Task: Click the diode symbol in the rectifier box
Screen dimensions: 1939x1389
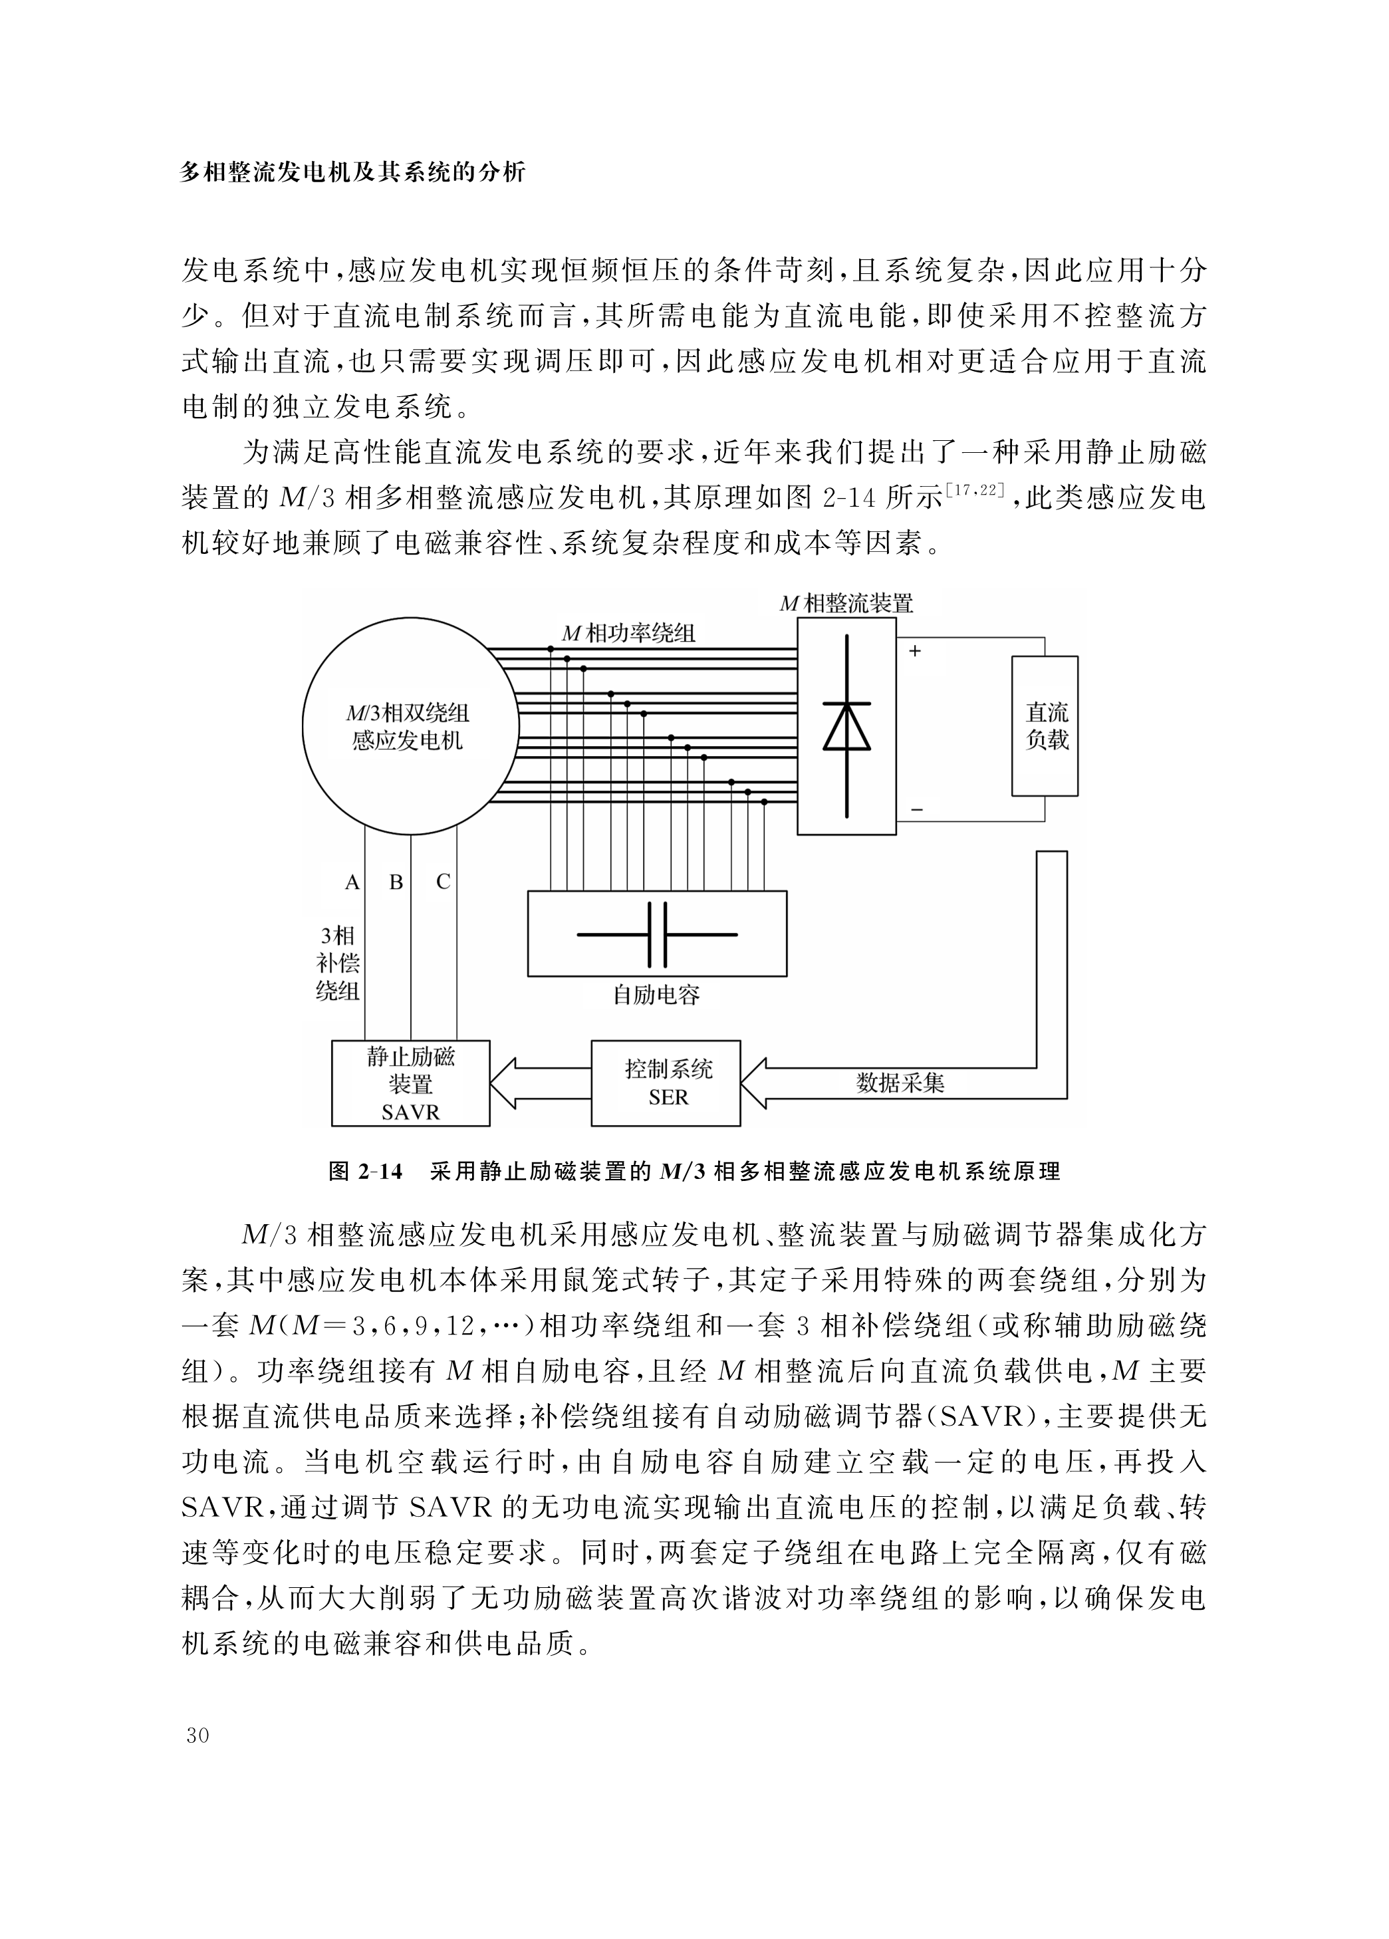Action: (x=846, y=726)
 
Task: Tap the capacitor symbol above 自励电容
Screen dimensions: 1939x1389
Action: (x=656, y=934)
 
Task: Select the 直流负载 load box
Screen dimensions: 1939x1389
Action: (x=1045, y=726)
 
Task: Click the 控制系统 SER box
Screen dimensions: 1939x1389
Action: (x=666, y=1083)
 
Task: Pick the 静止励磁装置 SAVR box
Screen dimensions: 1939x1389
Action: (x=410, y=1083)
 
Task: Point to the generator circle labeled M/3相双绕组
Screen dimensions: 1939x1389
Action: (x=410, y=727)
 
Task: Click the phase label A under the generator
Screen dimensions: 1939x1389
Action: (x=351, y=882)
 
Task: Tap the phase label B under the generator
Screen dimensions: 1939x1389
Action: (x=396, y=882)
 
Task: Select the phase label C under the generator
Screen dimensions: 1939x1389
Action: (x=443, y=882)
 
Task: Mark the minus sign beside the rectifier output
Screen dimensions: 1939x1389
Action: (x=916, y=809)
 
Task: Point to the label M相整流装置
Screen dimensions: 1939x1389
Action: (x=846, y=604)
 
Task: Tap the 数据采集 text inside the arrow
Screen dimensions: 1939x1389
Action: (x=900, y=1083)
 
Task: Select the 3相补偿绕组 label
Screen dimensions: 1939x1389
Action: (x=338, y=963)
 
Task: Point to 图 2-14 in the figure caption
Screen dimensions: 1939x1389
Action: (x=365, y=1171)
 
